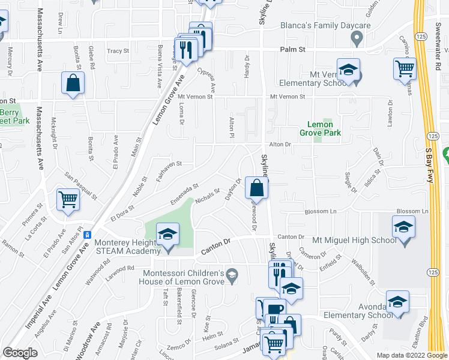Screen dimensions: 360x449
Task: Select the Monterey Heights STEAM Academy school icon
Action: click(168, 235)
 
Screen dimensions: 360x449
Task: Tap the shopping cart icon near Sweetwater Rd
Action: click(405, 68)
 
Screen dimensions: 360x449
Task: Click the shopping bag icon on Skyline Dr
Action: click(257, 188)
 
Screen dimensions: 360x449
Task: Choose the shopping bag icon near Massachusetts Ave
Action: click(73, 84)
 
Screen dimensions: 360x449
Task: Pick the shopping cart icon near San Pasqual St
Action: click(68, 199)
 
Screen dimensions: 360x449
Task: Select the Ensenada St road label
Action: click(184, 195)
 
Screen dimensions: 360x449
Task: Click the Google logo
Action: click(20, 352)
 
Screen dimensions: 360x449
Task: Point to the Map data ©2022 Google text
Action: click(411, 355)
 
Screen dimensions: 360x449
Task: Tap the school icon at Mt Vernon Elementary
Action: click(348, 70)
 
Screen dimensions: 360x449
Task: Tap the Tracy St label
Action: click(118, 52)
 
